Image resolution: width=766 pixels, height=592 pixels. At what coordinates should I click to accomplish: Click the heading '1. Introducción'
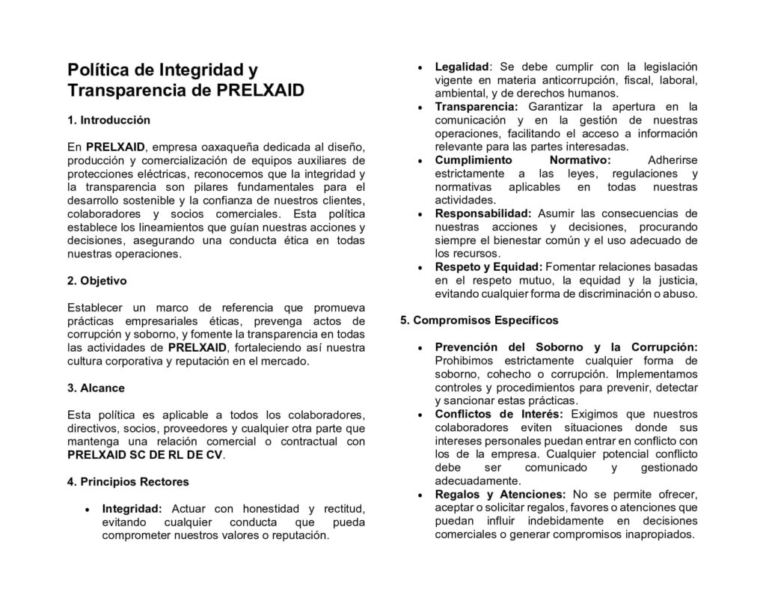108,120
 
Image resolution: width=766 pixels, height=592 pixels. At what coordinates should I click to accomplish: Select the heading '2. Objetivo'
97,281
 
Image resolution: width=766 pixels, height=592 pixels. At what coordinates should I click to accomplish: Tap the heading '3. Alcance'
96,388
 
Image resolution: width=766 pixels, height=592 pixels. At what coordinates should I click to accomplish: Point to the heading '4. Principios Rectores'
128,481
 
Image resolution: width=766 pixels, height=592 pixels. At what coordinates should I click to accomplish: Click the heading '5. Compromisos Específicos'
479,320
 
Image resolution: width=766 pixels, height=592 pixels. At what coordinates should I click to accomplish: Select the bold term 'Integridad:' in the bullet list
132,508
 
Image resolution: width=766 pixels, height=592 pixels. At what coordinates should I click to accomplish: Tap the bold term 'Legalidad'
462,67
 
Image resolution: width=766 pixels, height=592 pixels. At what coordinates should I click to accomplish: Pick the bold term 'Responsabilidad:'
483,213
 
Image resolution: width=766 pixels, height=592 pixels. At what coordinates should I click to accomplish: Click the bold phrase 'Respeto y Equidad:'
488,266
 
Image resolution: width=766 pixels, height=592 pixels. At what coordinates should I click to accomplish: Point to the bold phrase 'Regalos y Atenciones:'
500,494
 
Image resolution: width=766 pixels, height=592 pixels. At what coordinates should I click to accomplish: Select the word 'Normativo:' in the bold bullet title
580,160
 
